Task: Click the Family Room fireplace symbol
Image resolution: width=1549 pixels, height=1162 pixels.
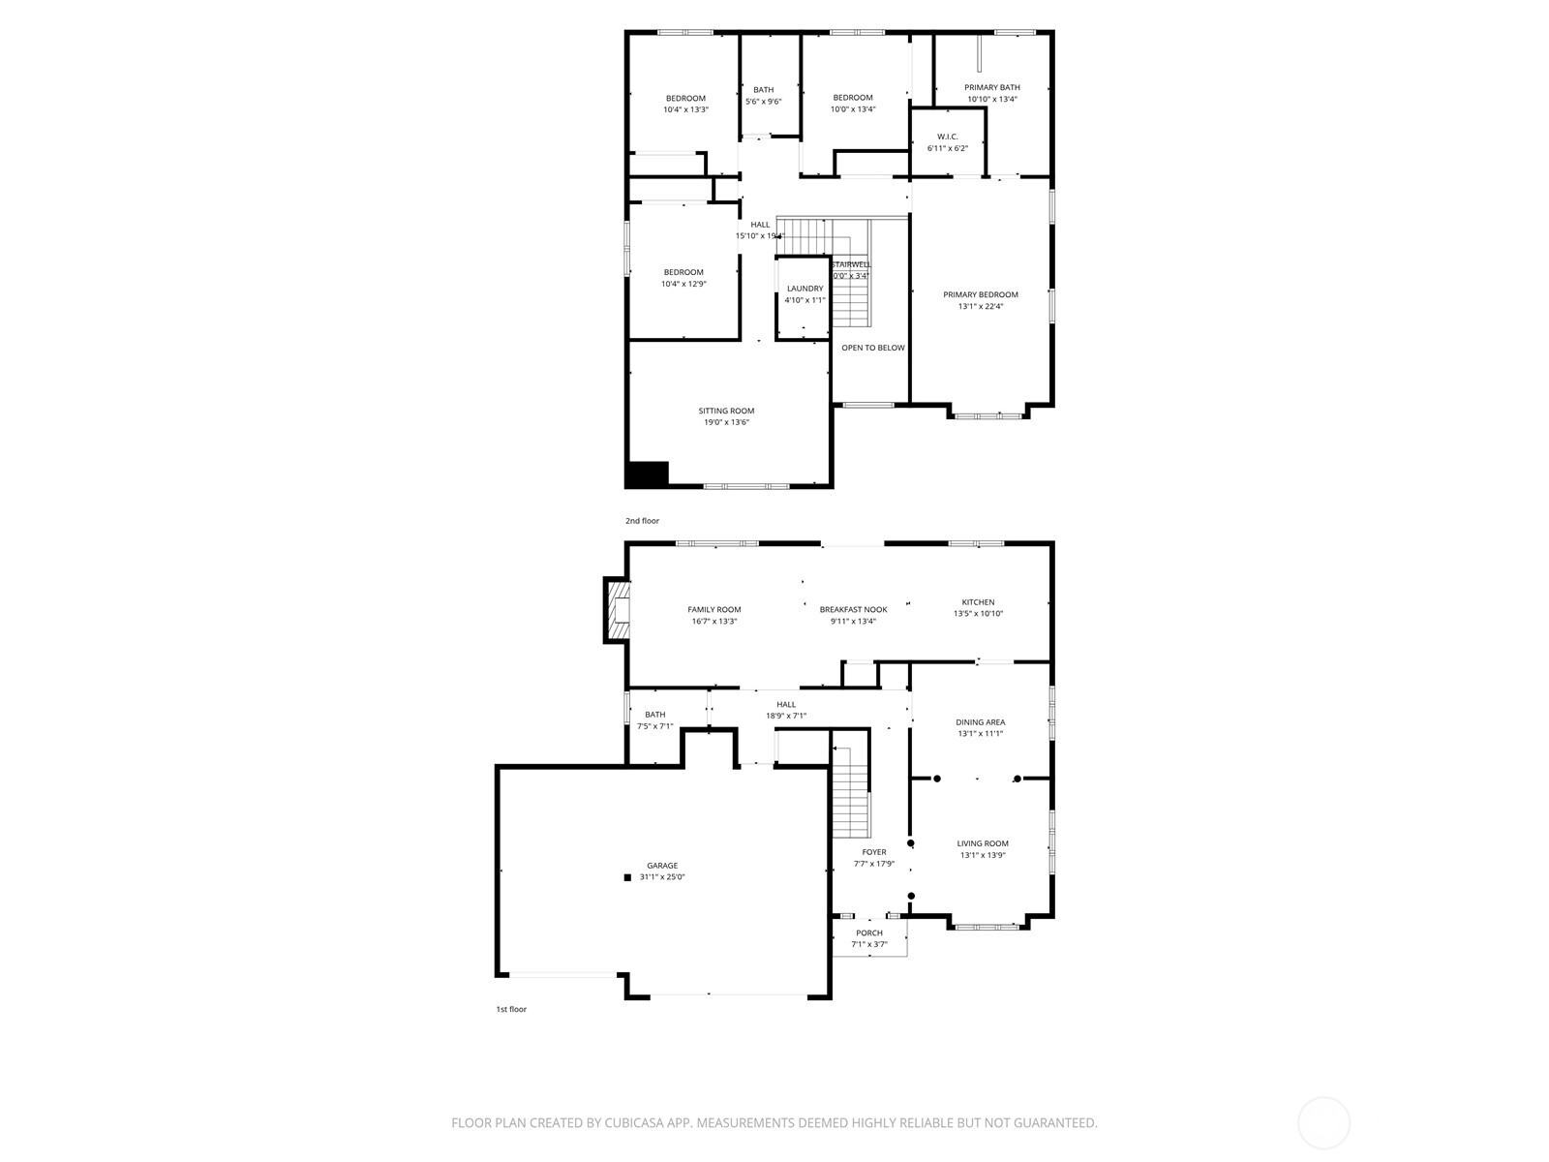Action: pyautogui.click(x=617, y=610)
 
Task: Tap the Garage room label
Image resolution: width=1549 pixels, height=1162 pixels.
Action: pyautogui.click(x=662, y=866)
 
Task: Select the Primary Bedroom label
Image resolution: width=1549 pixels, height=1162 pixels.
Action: pyautogui.click(x=981, y=294)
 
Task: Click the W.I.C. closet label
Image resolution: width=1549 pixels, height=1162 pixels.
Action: pyautogui.click(x=947, y=137)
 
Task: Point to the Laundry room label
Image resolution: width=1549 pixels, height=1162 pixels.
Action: pyautogui.click(x=805, y=289)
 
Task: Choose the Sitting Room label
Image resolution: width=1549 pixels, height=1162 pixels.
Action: pyautogui.click(x=726, y=411)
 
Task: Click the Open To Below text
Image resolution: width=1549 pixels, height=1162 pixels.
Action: pyautogui.click(x=872, y=348)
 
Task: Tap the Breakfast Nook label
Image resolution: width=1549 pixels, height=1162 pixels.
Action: pyautogui.click(x=853, y=609)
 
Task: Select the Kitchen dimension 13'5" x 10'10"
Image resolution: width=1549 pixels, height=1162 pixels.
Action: pyautogui.click(x=978, y=614)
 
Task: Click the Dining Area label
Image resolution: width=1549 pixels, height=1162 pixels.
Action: pyautogui.click(x=980, y=721)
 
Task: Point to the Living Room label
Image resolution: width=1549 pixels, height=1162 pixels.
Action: pyautogui.click(x=983, y=843)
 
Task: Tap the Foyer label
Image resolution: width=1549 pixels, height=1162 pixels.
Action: pyautogui.click(x=873, y=852)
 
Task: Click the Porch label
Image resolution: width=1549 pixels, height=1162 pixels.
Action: pyautogui.click(x=868, y=933)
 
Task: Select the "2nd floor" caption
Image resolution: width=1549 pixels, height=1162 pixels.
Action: pyautogui.click(x=642, y=521)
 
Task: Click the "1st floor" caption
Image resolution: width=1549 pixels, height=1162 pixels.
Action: pyautogui.click(x=511, y=1009)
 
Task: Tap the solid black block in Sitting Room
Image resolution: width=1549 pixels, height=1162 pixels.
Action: pyautogui.click(x=647, y=474)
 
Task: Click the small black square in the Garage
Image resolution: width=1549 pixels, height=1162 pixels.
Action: pyautogui.click(x=627, y=877)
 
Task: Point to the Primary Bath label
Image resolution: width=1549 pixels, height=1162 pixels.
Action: pyautogui.click(x=991, y=87)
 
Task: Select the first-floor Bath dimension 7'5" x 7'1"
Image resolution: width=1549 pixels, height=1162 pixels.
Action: pyautogui.click(x=654, y=726)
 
